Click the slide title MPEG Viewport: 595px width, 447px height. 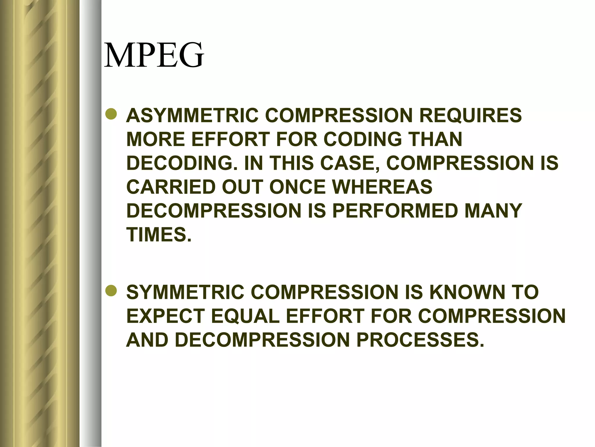click(154, 55)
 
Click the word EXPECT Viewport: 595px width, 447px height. click(164, 316)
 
